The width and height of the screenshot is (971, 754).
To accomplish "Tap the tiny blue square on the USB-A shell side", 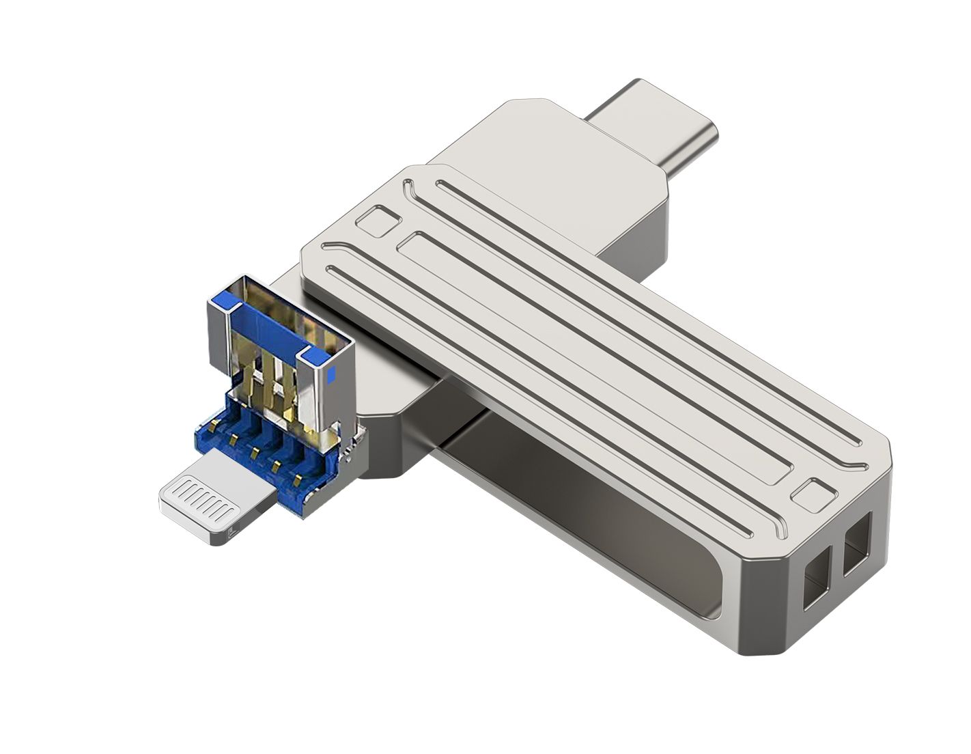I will tap(332, 374).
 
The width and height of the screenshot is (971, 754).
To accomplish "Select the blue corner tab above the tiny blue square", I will tap(315, 354).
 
